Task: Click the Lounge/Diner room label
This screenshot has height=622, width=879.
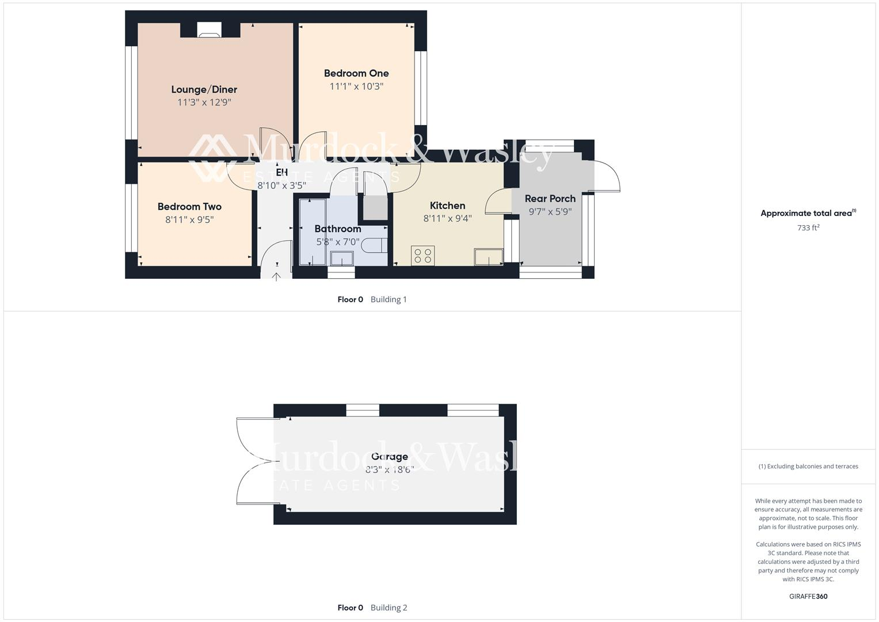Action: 204,89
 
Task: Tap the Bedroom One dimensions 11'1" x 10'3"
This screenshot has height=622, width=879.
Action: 356,86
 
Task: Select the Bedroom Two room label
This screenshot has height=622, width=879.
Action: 189,206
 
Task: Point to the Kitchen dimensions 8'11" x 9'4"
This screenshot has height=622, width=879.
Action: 447,218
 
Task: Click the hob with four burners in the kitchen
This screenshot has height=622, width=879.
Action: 423,256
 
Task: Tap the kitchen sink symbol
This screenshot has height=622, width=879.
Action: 488,257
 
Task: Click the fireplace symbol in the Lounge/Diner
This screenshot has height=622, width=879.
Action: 208,30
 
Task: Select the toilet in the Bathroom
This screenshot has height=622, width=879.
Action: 375,245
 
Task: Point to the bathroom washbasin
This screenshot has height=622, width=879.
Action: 341,259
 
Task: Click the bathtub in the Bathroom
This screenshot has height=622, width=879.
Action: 310,232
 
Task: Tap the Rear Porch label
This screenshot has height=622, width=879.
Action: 550,199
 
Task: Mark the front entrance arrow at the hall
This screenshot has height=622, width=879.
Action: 276,276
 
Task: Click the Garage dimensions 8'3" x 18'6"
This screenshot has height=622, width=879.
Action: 389,469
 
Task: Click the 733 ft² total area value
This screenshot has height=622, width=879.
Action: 808,227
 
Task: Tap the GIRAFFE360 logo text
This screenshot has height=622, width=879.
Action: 808,596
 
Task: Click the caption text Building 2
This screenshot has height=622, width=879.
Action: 389,608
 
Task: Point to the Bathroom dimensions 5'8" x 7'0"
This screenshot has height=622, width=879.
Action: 337,242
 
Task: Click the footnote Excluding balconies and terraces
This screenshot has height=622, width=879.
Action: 808,466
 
